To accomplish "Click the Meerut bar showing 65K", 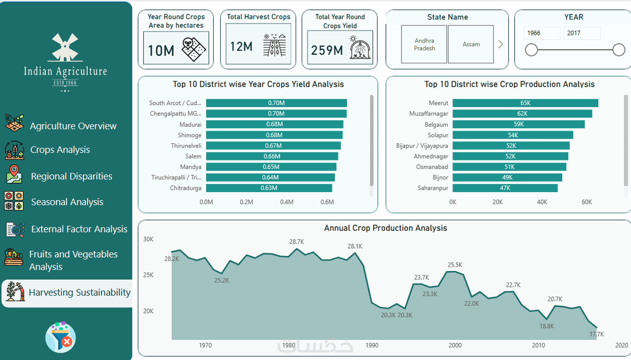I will click(525, 103).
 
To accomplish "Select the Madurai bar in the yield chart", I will click(274, 124).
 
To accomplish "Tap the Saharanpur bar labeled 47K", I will click(505, 188).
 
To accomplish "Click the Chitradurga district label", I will click(186, 188).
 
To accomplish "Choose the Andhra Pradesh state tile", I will click(424, 45).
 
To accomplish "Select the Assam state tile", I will click(471, 45).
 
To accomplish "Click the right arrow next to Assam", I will click(501, 45).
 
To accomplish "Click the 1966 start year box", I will click(542, 33).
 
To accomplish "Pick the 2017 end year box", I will click(581, 33).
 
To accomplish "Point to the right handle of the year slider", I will click(619, 50).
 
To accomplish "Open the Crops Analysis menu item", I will click(60, 150).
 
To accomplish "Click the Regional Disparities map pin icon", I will click(14, 174).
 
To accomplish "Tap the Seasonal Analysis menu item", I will click(67, 202).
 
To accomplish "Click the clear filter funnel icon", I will click(61, 337).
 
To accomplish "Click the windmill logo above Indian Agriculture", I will click(65, 47).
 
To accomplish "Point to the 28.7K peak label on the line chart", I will click(297, 242).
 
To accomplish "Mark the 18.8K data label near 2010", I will click(546, 326).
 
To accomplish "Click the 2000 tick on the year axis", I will click(455, 346).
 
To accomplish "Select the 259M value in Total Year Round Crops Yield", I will click(327, 50).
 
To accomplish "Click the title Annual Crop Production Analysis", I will click(385, 228).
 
